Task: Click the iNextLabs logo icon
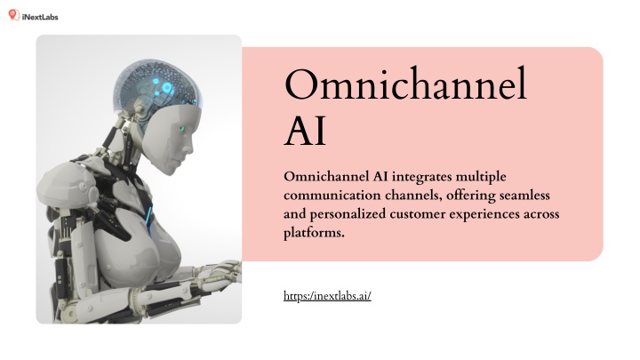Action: tap(14, 15)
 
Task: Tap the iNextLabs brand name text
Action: tap(40, 17)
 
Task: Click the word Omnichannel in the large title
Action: tap(405, 84)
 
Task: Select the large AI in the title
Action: tap(305, 131)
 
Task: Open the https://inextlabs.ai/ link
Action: tap(327, 295)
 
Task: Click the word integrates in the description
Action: tap(422, 177)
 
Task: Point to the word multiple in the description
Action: tap(481, 177)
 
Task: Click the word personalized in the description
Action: tap(348, 214)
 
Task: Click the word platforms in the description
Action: tap(314, 233)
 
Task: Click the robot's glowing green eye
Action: tap(182, 129)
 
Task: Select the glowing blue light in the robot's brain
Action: tap(166, 88)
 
